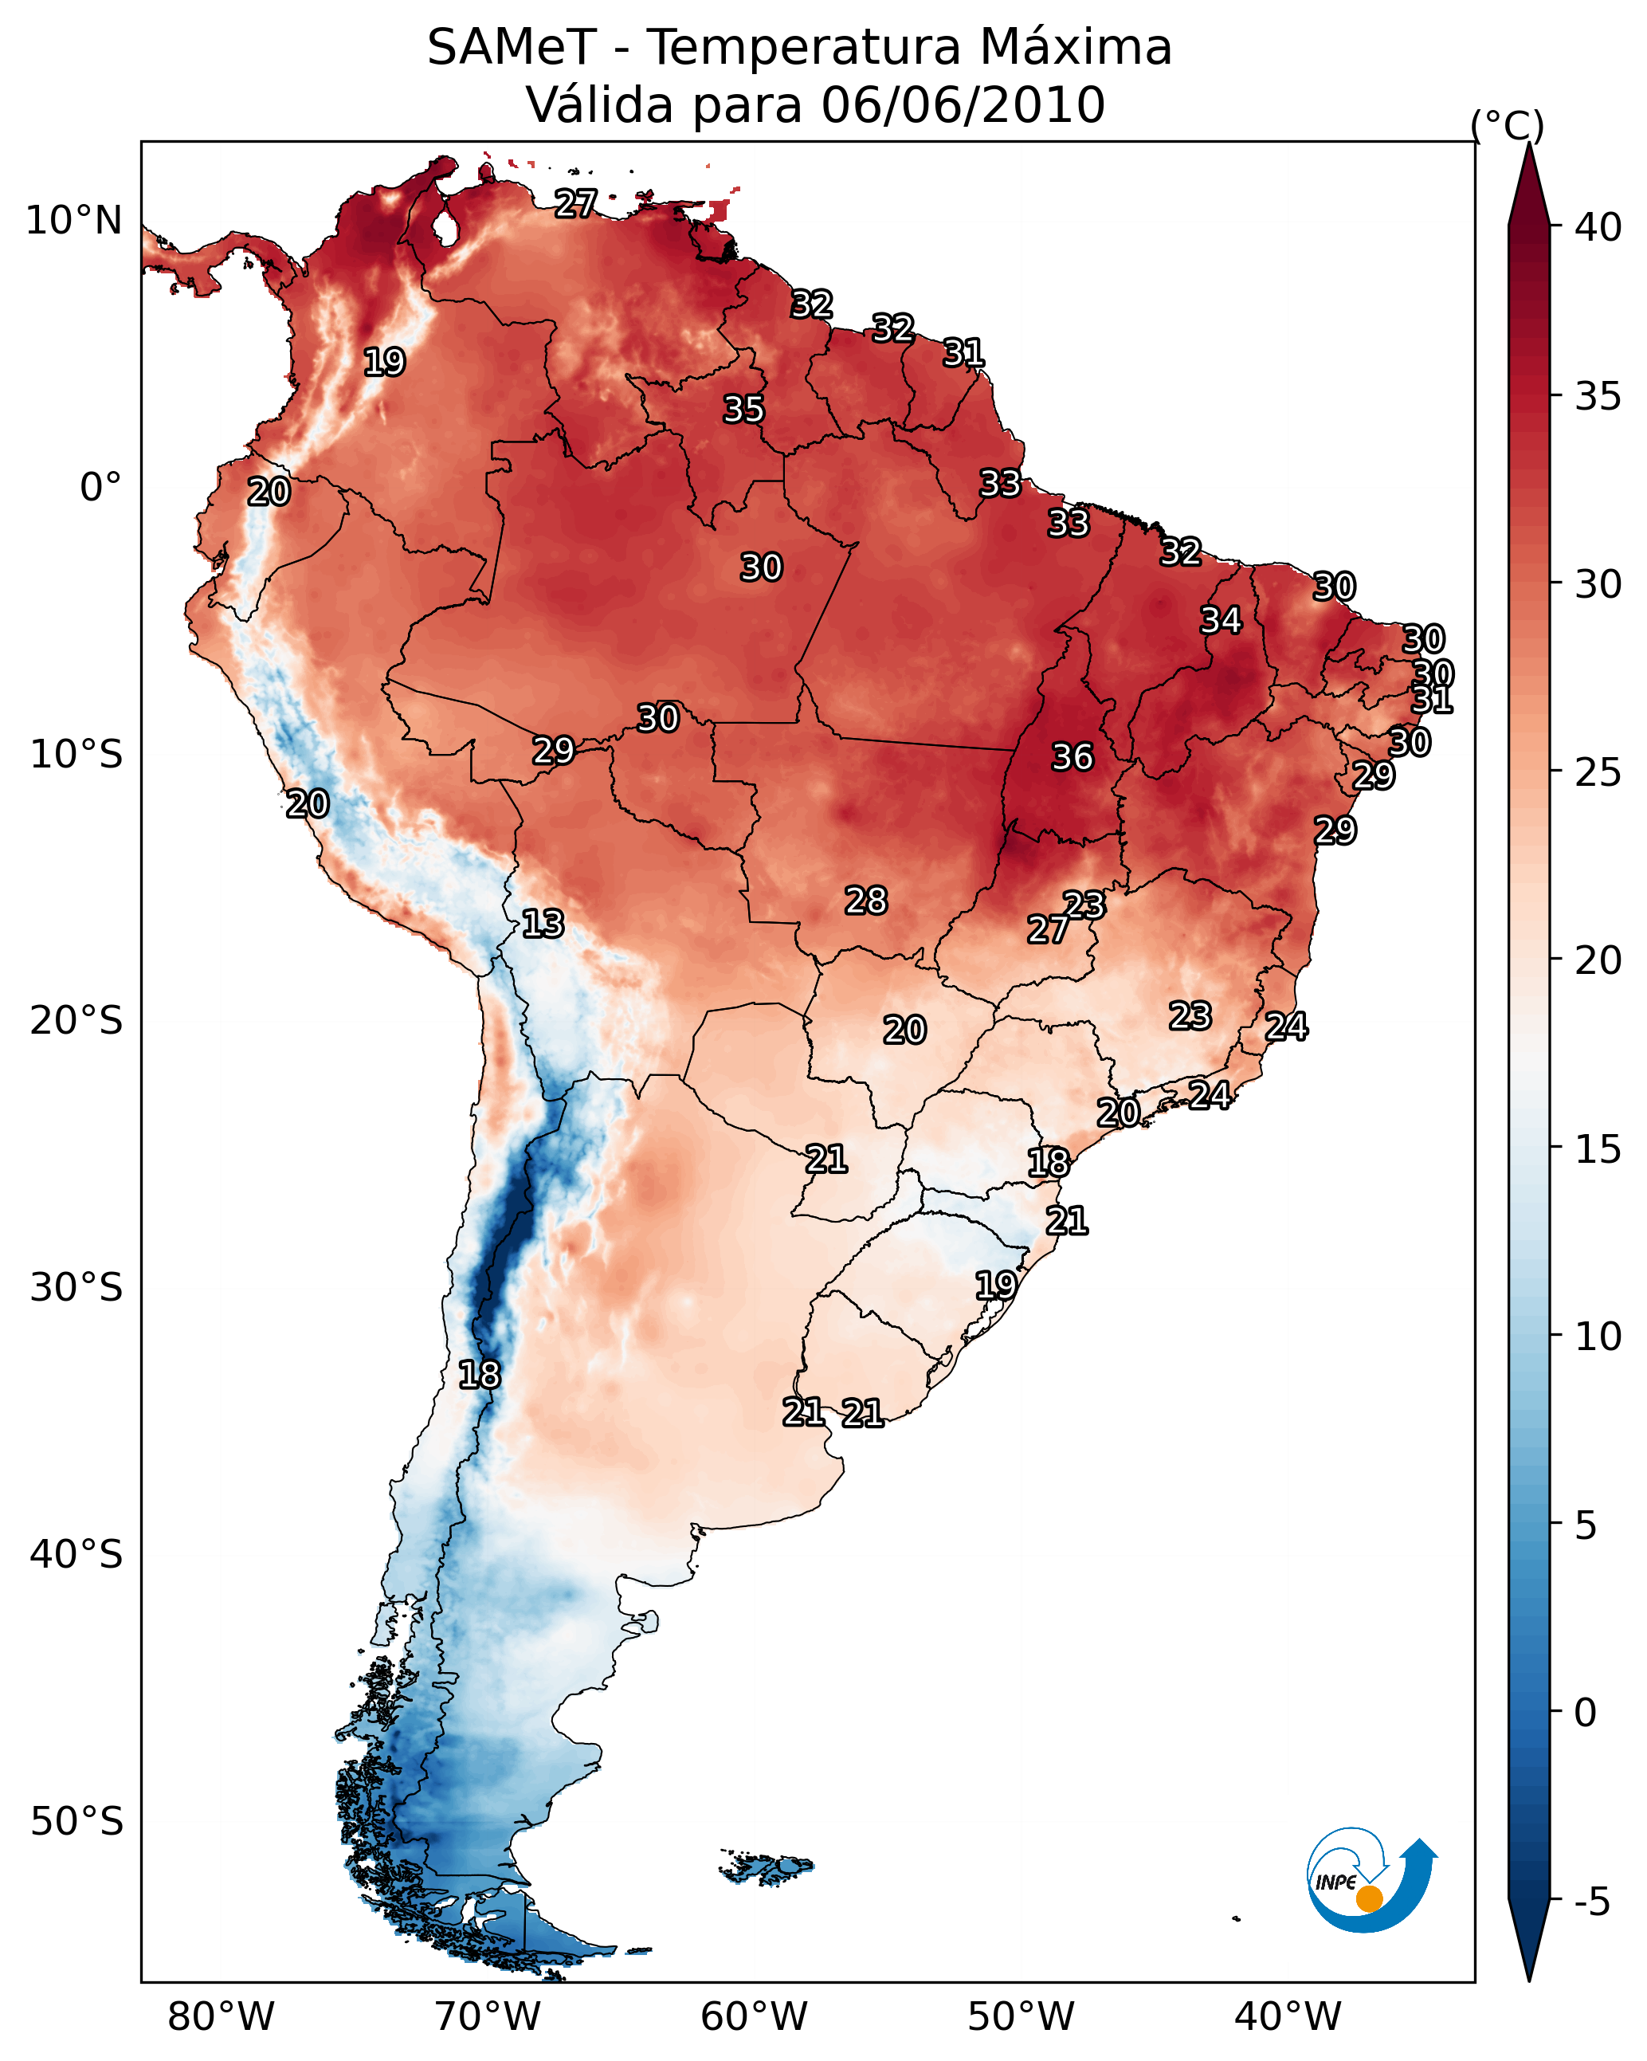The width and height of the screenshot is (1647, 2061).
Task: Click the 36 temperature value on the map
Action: pyautogui.click(x=1072, y=757)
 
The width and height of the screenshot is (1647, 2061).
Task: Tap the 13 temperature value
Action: pyautogui.click(x=542, y=924)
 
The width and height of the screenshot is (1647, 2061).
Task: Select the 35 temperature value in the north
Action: pyautogui.click(x=743, y=409)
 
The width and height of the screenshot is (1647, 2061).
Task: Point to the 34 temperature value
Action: pyautogui.click(x=1221, y=620)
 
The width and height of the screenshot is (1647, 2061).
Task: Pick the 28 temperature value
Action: pyautogui.click(x=865, y=901)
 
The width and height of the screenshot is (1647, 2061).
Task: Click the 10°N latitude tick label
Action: pyautogui.click(x=73, y=221)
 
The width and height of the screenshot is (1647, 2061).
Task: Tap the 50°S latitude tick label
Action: pyautogui.click(x=76, y=1822)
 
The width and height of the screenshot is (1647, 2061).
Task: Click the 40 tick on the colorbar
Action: pyautogui.click(x=1598, y=227)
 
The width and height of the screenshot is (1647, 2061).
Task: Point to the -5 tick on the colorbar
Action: pyautogui.click(x=1591, y=1902)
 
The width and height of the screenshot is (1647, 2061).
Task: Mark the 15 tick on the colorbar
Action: pyautogui.click(x=1598, y=1149)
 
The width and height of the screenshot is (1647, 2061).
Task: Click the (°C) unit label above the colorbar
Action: pyautogui.click(x=1508, y=125)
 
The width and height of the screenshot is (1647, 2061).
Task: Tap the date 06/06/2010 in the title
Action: pyautogui.click(x=963, y=105)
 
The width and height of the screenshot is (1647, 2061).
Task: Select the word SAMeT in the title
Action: pyautogui.click(x=512, y=48)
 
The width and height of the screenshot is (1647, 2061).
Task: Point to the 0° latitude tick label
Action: pyautogui.click(x=100, y=488)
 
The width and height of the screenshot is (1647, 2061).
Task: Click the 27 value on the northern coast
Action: pyautogui.click(x=575, y=202)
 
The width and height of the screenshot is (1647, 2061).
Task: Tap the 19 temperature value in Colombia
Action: pyautogui.click(x=384, y=363)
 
